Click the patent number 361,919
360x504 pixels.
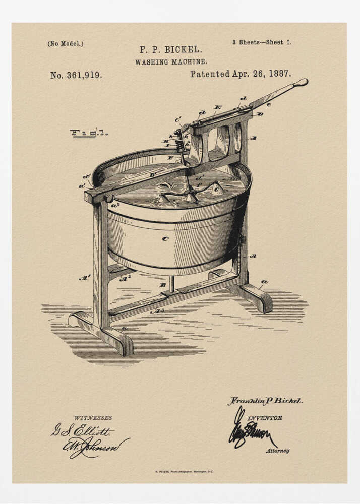pyautogui.click(x=76, y=75)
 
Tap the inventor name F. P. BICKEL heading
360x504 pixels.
pyautogui.click(x=170, y=50)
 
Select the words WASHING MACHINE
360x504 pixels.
pyautogui.click(x=170, y=62)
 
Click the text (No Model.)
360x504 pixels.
pyautogui.click(x=66, y=43)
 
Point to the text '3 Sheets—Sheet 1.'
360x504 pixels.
pyautogui.click(x=262, y=42)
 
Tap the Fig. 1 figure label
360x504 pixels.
pyautogui.click(x=89, y=133)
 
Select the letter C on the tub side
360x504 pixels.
pyautogui.click(x=165, y=238)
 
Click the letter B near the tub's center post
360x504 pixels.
pyautogui.click(x=162, y=285)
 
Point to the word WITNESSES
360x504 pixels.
pyautogui.click(x=93, y=418)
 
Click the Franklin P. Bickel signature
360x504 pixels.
pyautogui.click(x=265, y=401)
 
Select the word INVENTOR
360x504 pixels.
pyautogui.click(x=265, y=418)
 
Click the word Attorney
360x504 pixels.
pyautogui.click(x=278, y=451)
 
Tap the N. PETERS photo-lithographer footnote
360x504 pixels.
pyautogui.click(x=184, y=472)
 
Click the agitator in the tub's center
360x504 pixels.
pyautogui.click(x=191, y=189)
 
